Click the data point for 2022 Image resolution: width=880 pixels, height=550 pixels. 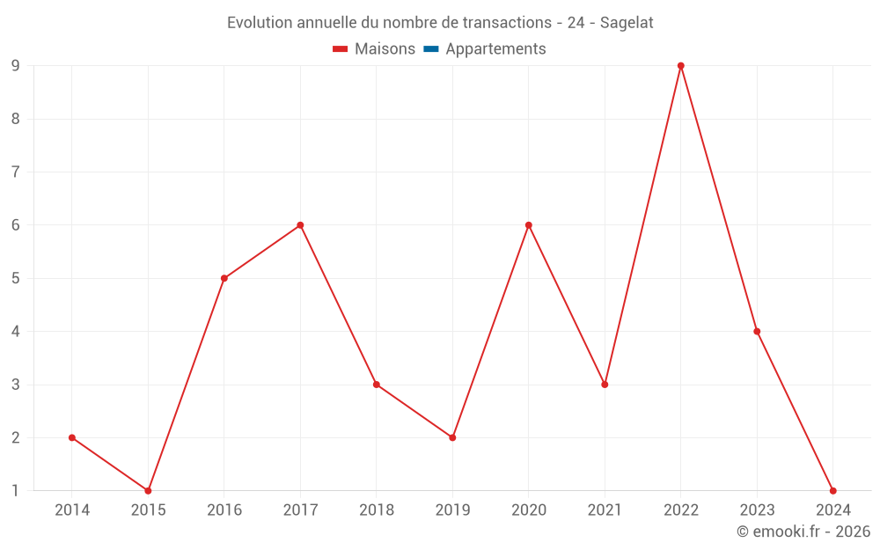(681, 66)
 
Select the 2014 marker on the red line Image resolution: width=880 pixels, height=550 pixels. (72, 437)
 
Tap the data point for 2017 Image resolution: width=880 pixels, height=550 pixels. (300, 225)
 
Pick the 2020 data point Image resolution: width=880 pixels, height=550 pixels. (529, 225)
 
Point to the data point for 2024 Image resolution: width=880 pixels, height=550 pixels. (832, 490)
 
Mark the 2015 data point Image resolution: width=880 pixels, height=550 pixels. (148, 490)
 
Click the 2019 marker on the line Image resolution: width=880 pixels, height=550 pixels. (452, 437)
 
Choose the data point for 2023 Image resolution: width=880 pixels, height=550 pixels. (757, 332)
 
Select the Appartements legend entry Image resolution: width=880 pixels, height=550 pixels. (495, 49)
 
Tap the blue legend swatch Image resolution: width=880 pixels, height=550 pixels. (431, 49)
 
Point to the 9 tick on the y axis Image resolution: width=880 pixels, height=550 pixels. (16, 66)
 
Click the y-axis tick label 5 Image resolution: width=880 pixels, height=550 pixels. (16, 278)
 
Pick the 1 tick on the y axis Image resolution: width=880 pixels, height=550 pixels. (16, 490)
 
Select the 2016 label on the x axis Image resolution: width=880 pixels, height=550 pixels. (224, 510)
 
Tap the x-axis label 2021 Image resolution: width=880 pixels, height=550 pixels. (605, 510)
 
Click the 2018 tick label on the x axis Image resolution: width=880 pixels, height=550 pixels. (377, 510)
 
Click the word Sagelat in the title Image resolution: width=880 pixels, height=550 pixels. (627, 23)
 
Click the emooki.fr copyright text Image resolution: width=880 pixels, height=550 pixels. (803, 532)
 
